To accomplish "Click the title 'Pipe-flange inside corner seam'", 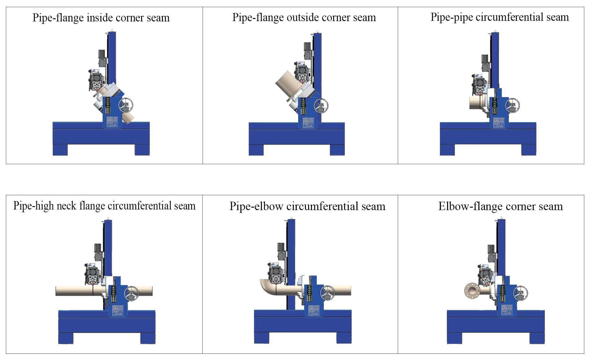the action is point(101,18).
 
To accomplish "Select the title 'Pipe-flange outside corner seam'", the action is point(304,17).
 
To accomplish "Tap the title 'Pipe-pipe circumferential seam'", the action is point(500,17).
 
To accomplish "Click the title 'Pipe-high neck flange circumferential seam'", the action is point(104,206).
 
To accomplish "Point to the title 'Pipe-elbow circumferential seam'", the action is point(307,206).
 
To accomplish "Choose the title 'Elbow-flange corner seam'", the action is point(500,206).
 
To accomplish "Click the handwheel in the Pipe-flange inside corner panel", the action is point(126,105).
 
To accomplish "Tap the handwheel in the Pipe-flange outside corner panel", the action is point(321,106).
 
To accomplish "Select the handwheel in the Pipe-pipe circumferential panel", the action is point(513,106).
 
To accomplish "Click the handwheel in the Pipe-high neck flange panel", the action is point(132,293).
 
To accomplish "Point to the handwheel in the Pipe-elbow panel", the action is point(327,293).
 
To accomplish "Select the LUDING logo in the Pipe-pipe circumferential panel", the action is point(499,123).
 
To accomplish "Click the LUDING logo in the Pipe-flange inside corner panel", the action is point(112,122).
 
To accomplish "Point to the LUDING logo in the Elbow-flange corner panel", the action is point(507,310).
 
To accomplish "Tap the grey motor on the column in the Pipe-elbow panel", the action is point(281,251).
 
